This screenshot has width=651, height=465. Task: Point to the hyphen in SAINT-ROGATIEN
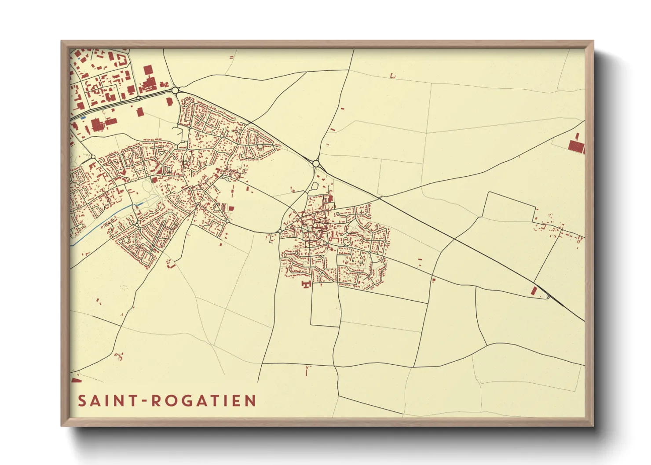pos(144,401)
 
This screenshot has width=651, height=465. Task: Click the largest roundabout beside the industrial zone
pos(176,90)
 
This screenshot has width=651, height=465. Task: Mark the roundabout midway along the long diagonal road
pos(316,163)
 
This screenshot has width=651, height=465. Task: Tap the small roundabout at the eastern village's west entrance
pos(280,231)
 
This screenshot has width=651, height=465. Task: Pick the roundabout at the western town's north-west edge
pos(93,157)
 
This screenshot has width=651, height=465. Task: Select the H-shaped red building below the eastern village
pos(305,284)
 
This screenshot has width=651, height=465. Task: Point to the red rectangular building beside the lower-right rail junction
pos(534,291)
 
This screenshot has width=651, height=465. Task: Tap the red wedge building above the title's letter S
pos(76,380)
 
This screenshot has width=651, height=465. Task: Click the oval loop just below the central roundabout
pos(315,186)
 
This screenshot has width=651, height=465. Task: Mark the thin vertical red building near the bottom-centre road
pos(307,371)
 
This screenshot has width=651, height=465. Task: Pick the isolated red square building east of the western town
pos(231,209)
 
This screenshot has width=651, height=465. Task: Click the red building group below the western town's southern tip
pos(170,264)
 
